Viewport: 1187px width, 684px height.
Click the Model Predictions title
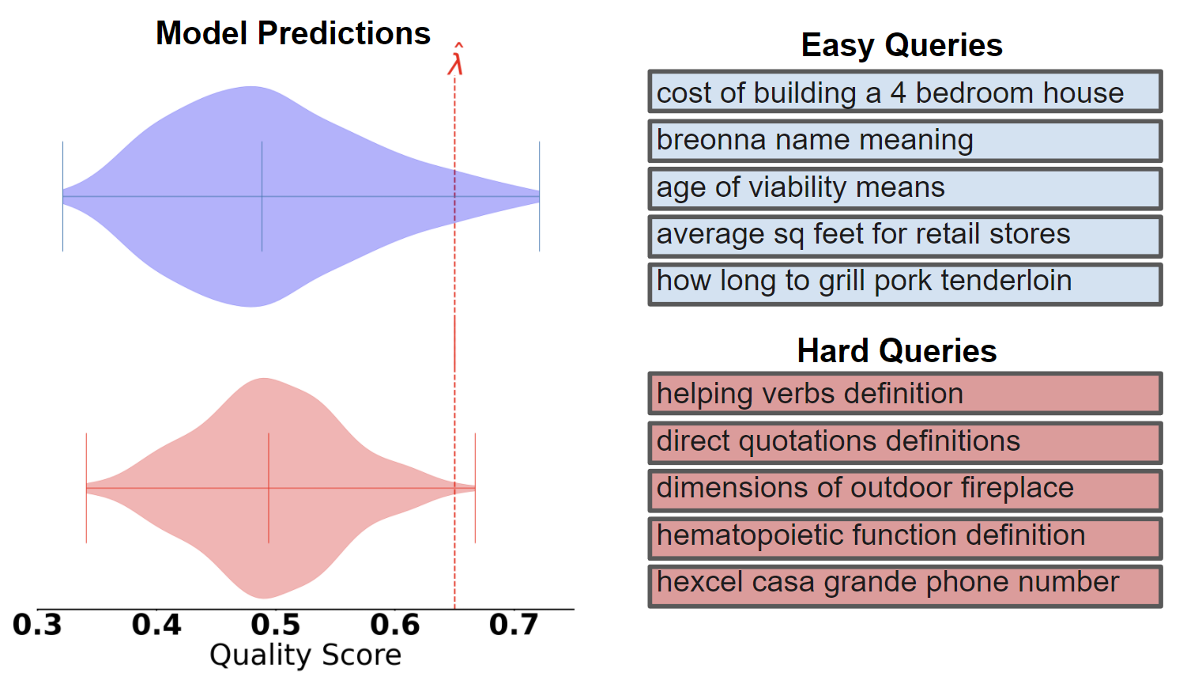tap(293, 33)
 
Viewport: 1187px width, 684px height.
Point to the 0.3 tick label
tap(37, 624)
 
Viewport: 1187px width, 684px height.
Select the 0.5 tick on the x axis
tap(276, 624)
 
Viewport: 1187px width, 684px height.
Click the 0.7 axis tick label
tap(514, 624)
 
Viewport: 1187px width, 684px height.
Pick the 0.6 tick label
tap(395, 624)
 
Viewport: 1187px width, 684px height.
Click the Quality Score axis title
tap(305, 656)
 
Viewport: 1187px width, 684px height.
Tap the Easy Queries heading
tap(902, 45)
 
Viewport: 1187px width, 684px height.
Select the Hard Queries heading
tap(897, 351)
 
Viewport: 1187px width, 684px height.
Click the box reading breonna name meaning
tap(905, 141)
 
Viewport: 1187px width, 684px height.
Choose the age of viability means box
tap(905, 189)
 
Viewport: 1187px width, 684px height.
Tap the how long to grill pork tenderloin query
tap(905, 284)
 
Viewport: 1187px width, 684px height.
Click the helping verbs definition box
tap(905, 394)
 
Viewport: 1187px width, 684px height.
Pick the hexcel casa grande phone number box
tap(905, 586)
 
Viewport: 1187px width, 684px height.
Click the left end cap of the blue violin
tap(63, 196)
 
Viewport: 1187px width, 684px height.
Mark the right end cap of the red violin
tap(475, 488)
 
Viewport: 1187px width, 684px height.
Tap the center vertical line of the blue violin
tap(262, 196)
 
